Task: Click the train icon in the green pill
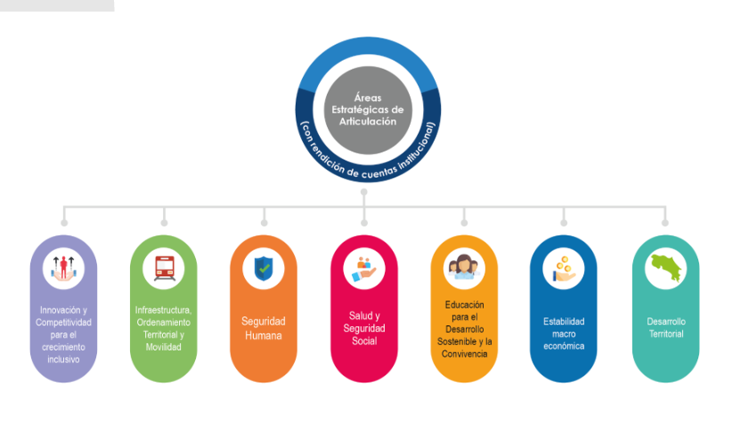pos(164,267)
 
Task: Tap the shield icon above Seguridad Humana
pos(264,267)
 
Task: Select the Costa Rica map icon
pos(665,267)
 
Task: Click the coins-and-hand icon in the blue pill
pos(563,267)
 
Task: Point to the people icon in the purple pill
pos(63,267)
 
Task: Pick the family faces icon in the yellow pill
pos(463,267)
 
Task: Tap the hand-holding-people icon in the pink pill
pos(364,267)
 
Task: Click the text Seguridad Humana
pos(264,328)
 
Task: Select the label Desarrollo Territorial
pos(665,327)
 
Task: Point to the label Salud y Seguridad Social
pos(364,328)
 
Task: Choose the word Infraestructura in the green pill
pos(163,309)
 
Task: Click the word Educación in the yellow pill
pos(464,304)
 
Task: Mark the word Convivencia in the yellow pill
pos(464,353)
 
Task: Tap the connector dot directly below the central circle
pos(364,192)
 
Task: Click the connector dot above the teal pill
pos(665,222)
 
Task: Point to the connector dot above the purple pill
pos(63,222)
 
